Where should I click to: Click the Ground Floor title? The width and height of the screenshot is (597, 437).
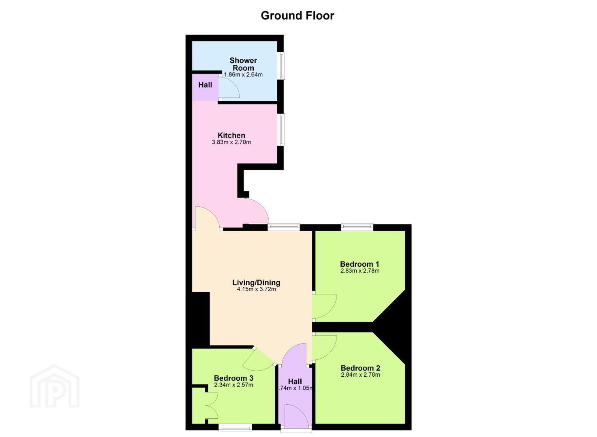click(x=297, y=16)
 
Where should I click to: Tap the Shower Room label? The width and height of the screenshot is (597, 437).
click(x=243, y=64)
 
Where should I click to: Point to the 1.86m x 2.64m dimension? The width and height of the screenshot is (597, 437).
click(x=243, y=75)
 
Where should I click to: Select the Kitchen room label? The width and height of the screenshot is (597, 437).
click(x=231, y=135)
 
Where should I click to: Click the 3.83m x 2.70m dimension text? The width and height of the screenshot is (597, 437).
click(x=231, y=142)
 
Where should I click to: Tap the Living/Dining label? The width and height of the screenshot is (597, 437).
click(x=256, y=282)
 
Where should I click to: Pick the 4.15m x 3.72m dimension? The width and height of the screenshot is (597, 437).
click(x=256, y=289)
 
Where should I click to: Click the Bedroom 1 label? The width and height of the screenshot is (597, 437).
click(x=359, y=264)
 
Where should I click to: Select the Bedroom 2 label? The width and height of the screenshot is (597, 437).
click(x=360, y=368)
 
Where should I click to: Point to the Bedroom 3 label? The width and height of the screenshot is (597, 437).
click(x=233, y=378)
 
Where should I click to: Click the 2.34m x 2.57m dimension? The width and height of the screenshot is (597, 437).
click(x=233, y=385)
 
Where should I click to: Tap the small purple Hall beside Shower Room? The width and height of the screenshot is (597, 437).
click(x=205, y=85)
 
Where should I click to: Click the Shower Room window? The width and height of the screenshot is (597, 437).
click(x=280, y=66)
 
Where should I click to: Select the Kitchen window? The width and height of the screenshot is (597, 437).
click(x=280, y=129)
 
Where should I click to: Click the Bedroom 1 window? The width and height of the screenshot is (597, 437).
click(x=357, y=227)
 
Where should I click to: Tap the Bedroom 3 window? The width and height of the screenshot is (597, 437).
click(x=235, y=428)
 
